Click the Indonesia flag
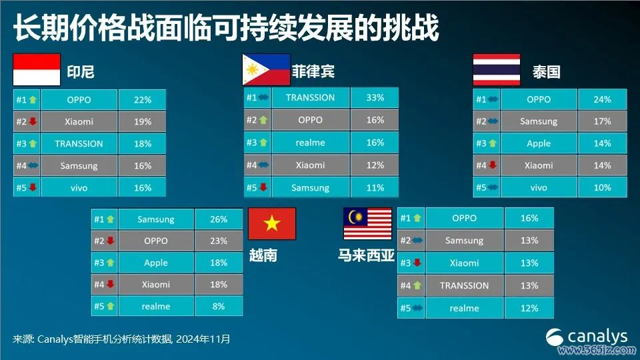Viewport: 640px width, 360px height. click(37, 69)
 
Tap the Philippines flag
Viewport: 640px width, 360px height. click(266, 69)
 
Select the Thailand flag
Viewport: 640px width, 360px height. click(496, 69)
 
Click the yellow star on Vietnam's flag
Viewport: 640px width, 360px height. click(272, 223)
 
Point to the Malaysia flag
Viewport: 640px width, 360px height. click(368, 223)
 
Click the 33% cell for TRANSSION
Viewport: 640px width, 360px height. click(375, 97)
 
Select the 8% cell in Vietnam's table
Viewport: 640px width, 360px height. click(219, 306)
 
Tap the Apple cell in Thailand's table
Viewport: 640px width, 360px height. click(539, 143)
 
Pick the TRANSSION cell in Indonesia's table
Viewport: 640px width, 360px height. click(79, 144)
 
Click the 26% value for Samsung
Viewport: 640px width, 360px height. click(219, 219)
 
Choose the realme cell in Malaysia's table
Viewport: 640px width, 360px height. click(465, 308)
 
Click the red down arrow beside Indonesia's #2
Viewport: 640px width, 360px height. click(33, 121)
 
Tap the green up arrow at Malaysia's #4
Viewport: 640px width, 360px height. click(417, 285)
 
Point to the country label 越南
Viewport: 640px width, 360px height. click(263, 255)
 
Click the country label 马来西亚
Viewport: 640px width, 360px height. click(366, 255)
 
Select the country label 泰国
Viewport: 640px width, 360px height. click(546, 72)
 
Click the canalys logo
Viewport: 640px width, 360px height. click(586, 337)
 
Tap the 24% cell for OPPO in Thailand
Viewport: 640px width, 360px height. click(603, 99)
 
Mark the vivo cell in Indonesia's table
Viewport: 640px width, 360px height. click(79, 188)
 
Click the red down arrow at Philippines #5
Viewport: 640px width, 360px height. click(263, 187)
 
